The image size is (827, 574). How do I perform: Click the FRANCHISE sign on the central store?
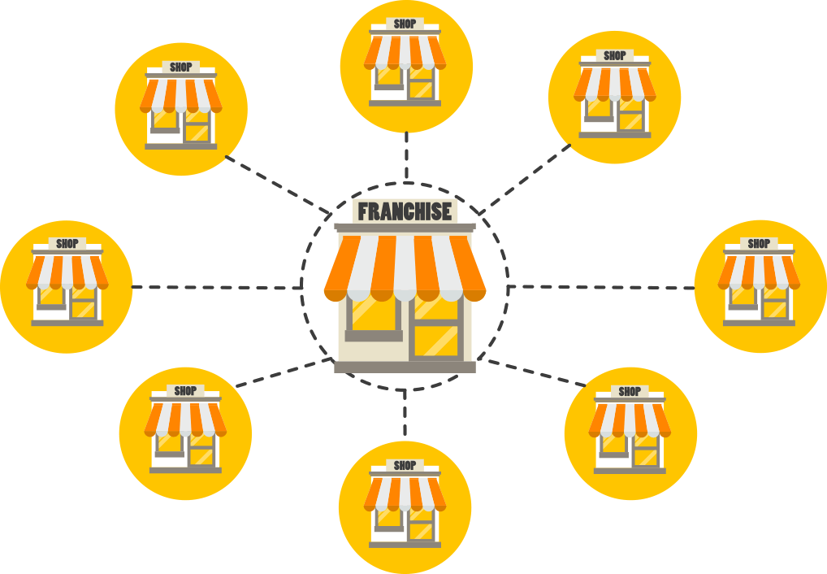click(x=405, y=211)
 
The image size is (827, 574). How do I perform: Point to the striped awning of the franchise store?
click(x=405, y=264)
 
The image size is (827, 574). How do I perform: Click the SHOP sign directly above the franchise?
click(x=405, y=24)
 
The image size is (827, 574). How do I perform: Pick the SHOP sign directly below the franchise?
click(x=405, y=465)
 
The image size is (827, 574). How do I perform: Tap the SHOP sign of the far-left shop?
click(x=67, y=243)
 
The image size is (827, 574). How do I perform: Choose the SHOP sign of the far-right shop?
click(x=759, y=243)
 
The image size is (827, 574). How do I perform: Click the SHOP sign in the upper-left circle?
click(x=180, y=67)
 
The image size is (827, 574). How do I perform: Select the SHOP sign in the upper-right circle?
click(x=615, y=55)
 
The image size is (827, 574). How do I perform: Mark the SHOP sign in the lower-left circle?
click(x=185, y=391)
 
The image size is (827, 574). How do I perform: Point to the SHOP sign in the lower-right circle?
click(x=630, y=391)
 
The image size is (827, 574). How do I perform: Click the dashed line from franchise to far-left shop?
click(x=215, y=287)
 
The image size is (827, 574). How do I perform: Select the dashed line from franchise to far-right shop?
click(x=601, y=287)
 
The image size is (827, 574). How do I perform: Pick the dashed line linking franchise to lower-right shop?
click(x=536, y=372)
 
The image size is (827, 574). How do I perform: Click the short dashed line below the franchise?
click(x=405, y=415)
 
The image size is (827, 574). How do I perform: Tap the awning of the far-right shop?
click(x=759, y=272)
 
